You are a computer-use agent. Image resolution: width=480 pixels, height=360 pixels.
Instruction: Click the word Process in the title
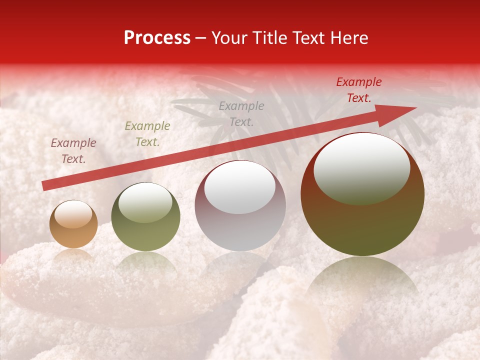(157, 38)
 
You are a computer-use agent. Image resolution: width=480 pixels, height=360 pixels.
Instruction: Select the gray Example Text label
(241, 113)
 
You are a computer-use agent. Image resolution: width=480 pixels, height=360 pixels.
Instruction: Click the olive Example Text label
(147, 133)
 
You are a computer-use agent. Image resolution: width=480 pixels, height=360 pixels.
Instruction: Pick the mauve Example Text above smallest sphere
(73, 151)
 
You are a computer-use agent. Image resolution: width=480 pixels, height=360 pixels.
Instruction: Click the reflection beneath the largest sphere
(362, 280)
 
